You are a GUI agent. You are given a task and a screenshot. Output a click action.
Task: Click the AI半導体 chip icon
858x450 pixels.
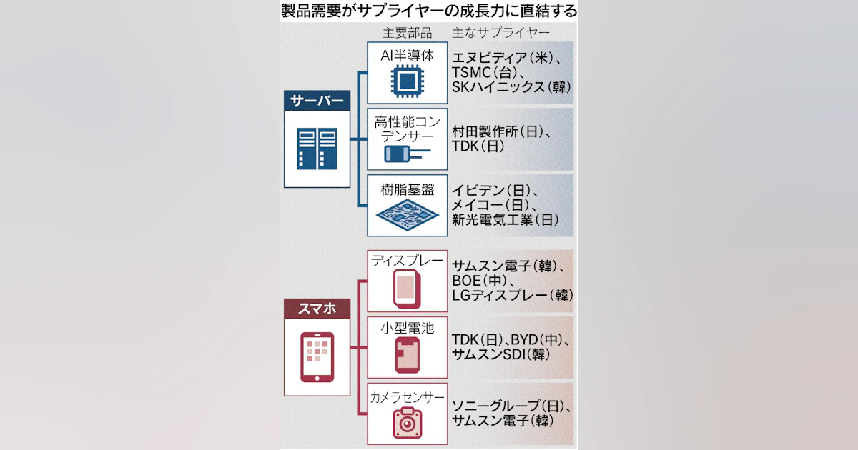click(407, 81)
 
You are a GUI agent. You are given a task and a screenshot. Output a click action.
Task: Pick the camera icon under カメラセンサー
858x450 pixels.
click(407, 421)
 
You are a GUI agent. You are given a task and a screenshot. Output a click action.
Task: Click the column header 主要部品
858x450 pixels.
click(407, 33)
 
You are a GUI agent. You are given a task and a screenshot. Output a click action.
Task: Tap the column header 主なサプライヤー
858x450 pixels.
click(500, 33)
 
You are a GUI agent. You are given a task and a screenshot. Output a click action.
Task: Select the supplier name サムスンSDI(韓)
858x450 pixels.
click(500, 354)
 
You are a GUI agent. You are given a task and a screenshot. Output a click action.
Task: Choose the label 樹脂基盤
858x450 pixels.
click(407, 189)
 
